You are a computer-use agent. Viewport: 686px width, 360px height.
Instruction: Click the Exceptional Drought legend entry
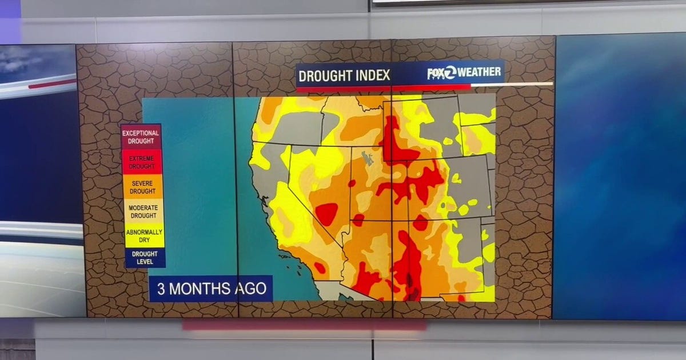(x=141, y=137)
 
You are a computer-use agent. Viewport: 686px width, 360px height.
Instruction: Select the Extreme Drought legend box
(x=141, y=162)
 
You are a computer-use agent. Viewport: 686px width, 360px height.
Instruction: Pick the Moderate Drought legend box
(x=143, y=211)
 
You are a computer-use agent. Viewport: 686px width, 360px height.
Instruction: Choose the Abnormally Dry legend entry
(x=144, y=236)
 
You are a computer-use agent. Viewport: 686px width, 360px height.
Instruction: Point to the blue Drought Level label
(x=145, y=258)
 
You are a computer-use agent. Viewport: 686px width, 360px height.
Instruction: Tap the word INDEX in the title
(x=374, y=75)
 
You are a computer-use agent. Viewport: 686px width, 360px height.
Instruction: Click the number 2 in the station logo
(x=450, y=72)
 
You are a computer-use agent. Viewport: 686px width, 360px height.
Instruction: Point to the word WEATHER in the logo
(x=479, y=72)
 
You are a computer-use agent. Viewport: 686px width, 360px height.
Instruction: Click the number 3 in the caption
(x=161, y=289)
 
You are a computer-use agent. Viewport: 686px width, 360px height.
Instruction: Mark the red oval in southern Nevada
(x=326, y=214)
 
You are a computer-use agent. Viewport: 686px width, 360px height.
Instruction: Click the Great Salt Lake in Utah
(x=368, y=158)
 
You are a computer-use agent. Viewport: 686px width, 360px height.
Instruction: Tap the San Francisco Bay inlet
(x=264, y=199)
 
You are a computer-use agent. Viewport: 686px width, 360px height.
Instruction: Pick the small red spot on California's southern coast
(x=320, y=267)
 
